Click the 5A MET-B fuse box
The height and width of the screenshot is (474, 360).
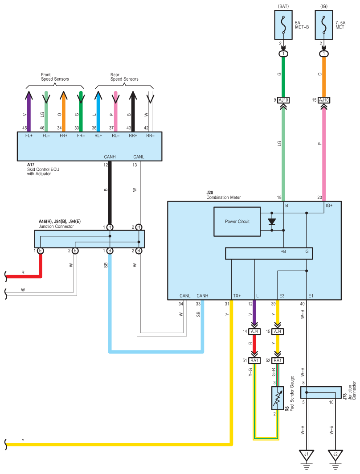pyautogui.click(x=283, y=25)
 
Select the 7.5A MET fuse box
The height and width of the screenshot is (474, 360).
pyautogui.click(x=324, y=25)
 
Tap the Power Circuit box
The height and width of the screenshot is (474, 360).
pyautogui.click(x=237, y=222)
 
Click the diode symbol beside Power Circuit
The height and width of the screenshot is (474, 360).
pyautogui.click(x=272, y=222)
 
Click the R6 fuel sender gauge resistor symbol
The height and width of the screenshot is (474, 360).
pyautogui.click(x=278, y=398)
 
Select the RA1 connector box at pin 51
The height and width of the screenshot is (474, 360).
pyautogui.click(x=254, y=360)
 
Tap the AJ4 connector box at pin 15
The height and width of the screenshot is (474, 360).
pyautogui.click(x=278, y=332)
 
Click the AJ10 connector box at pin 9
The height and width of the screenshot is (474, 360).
pyautogui.click(x=283, y=100)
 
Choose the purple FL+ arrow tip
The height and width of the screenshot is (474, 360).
pyautogui.click(x=29, y=91)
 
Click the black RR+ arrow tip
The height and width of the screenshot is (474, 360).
pyautogui.click(x=133, y=91)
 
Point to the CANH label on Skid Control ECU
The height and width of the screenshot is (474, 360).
pyautogui.click(x=110, y=157)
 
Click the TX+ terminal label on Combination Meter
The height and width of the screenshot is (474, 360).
pyautogui.click(x=237, y=296)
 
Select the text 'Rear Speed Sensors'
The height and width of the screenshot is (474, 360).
pyautogui.click(x=124, y=77)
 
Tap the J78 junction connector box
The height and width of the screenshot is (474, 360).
pyautogui.click(x=321, y=392)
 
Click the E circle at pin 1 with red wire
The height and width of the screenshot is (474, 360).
pyautogui.click(x=40, y=251)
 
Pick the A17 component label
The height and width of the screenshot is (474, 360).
pyautogui.click(x=31, y=165)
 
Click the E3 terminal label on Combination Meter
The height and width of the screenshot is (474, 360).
pyautogui.click(x=282, y=296)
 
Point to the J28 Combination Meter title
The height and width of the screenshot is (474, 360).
pyautogui.click(x=224, y=195)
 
